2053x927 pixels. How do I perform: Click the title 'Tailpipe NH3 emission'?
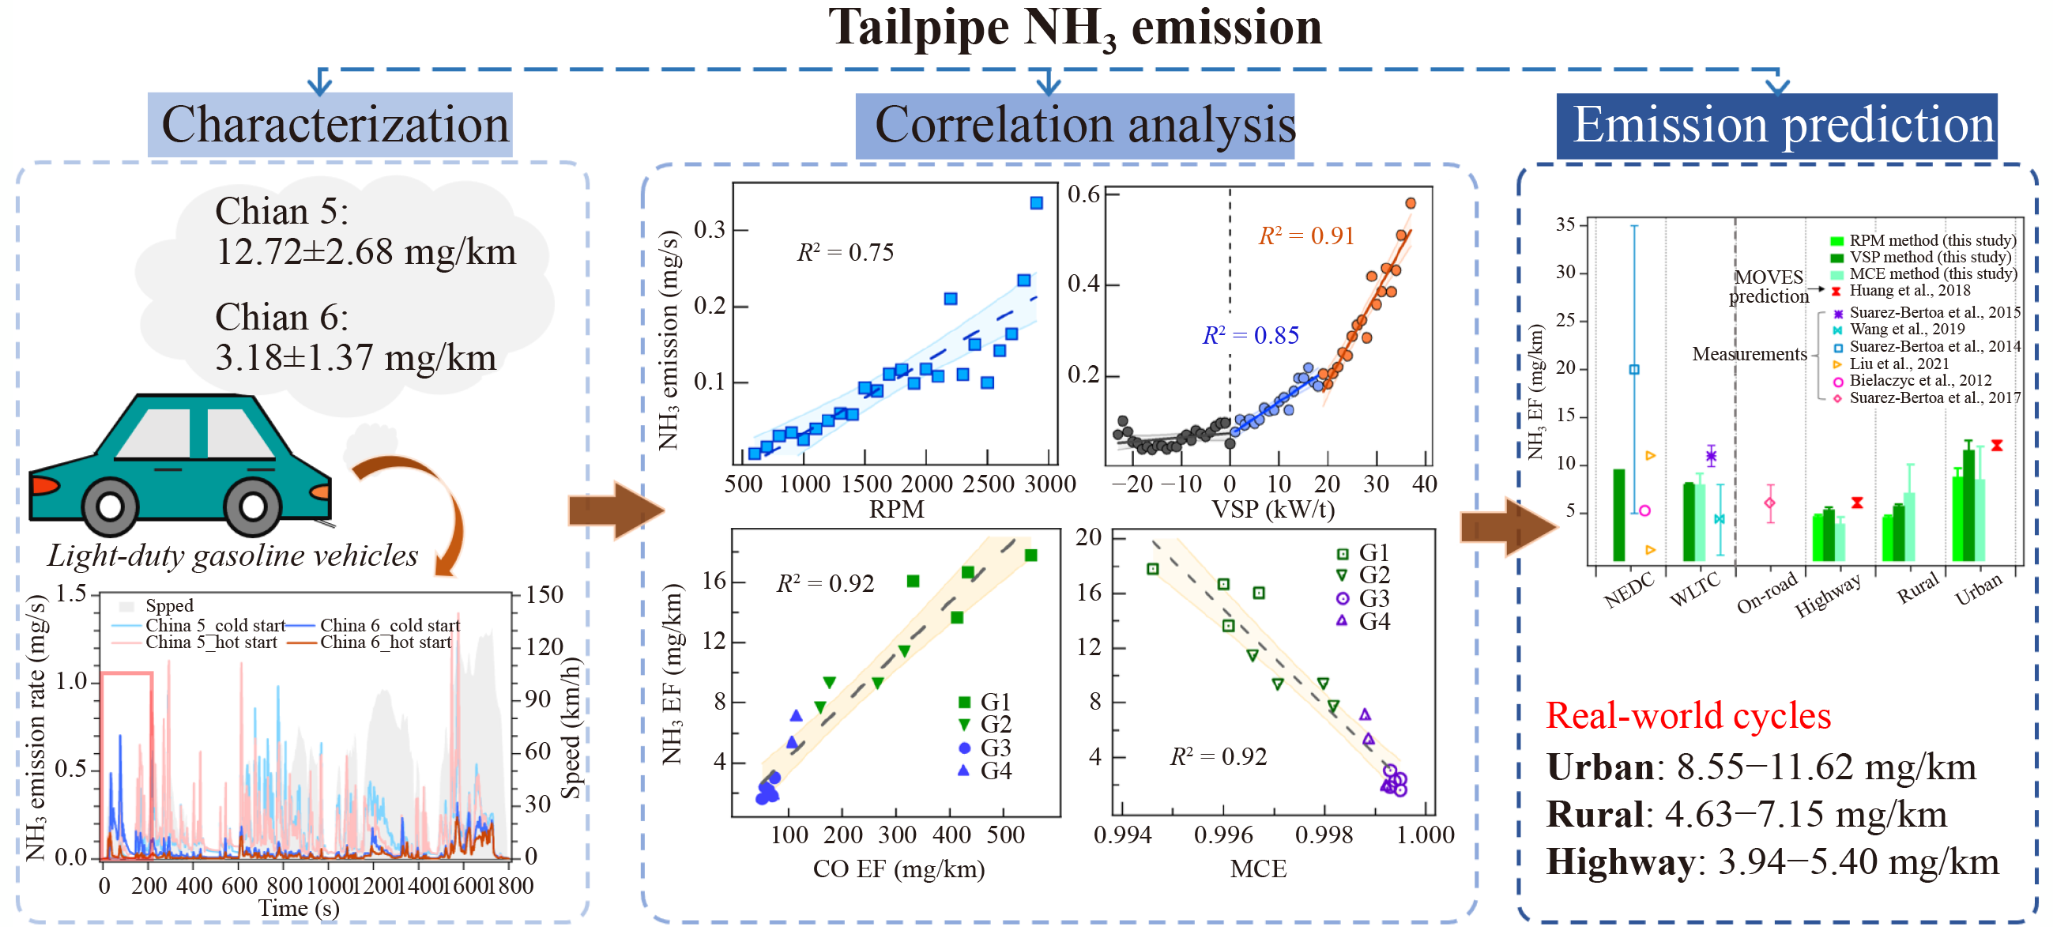tap(1075, 28)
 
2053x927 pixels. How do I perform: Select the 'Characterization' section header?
tap(334, 125)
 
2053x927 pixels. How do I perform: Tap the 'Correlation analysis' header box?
tap(1084, 126)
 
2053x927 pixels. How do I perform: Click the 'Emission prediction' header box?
tap(1783, 126)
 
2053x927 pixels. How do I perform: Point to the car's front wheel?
tap(253, 505)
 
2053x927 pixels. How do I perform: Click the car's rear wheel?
tap(109, 505)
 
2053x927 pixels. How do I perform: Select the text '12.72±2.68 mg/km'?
tap(366, 253)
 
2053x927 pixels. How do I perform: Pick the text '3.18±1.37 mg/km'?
tap(356, 358)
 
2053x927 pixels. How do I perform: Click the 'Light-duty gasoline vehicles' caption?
tap(232, 556)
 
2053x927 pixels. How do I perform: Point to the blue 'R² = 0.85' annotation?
tap(1249, 336)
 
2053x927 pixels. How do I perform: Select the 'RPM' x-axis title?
tap(896, 509)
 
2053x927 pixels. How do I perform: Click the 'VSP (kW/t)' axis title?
tap(1272, 509)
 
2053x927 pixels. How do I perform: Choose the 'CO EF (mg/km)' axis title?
tap(898, 869)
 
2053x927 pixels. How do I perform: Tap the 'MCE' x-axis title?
tap(1257, 869)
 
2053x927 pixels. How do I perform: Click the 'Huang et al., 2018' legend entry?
tap(1908, 291)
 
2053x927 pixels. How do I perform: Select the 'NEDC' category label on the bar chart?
tap(1628, 590)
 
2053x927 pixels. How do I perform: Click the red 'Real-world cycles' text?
tap(1687, 716)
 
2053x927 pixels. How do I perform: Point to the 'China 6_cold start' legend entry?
tap(390, 625)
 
